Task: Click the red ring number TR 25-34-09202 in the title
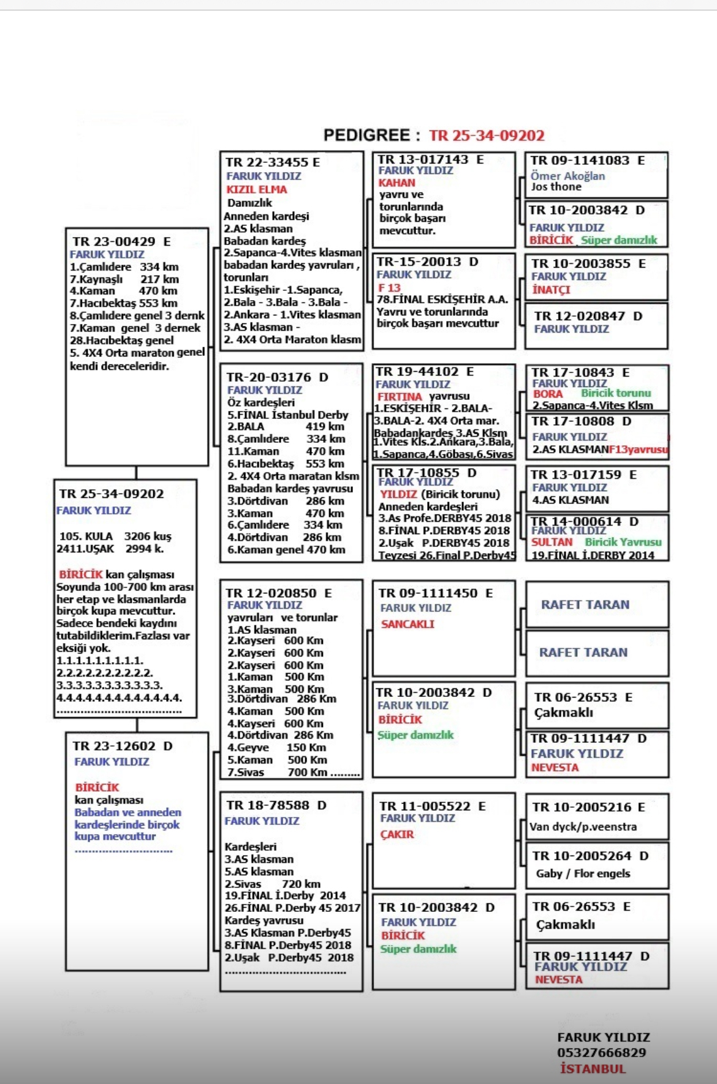pos(487,135)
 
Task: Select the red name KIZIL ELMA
pos(257,190)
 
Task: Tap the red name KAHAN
pos(396,183)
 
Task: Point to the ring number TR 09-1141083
pos(580,160)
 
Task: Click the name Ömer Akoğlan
pos(567,176)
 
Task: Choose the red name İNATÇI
pos(551,290)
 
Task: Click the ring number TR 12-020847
pos(580,316)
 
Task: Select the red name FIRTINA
pos(400,396)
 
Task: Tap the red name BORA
pos(547,394)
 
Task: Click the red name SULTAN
pos(552,542)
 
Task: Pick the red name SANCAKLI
pos(408,624)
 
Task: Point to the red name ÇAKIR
pos(397,834)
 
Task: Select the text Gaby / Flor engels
pos(583,873)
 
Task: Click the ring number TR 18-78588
pos(270,805)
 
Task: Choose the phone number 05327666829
pos(601,1053)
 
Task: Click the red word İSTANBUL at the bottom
pos(593,1069)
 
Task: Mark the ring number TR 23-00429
pos(114,241)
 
